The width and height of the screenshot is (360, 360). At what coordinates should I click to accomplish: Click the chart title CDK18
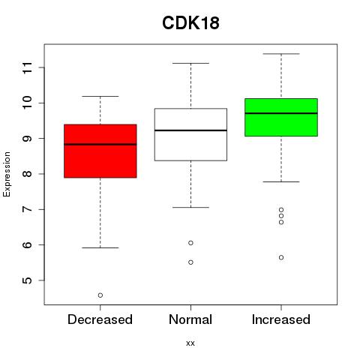pyautogui.click(x=190, y=23)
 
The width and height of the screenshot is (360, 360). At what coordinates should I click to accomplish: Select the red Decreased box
pyautogui.click(x=100, y=151)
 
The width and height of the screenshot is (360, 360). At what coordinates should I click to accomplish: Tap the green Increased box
pyautogui.click(x=281, y=117)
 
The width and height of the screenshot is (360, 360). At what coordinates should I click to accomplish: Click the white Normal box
pyautogui.click(x=190, y=134)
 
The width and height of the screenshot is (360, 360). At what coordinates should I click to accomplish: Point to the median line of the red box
pyautogui.click(x=100, y=144)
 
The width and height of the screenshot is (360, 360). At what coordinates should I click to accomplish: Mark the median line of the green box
pyautogui.click(x=281, y=113)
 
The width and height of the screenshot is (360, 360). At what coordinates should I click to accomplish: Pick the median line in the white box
pyautogui.click(x=190, y=130)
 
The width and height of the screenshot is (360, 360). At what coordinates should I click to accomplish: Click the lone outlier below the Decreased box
pyautogui.click(x=100, y=295)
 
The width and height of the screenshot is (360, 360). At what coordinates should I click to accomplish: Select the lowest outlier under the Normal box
pyautogui.click(x=190, y=262)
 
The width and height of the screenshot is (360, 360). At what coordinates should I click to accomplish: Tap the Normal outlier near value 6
pyautogui.click(x=190, y=243)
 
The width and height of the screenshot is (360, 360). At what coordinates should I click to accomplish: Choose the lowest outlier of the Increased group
pyautogui.click(x=281, y=257)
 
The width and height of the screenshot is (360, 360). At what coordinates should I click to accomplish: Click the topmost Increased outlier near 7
pyautogui.click(x=281, y=210)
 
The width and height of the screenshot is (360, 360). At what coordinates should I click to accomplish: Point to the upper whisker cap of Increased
pyautogui.click(x=281, y=54)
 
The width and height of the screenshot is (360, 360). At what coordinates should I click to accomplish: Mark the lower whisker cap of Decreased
pyautogui.click(x=100, y=247)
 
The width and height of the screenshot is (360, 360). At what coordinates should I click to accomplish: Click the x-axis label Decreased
pyautogui.click(x=100, y=319)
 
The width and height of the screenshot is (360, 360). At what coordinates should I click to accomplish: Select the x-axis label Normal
pyautogui.click(x=190, y=319)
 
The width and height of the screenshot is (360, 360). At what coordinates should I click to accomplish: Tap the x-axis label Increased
pyautogui.click(x=281, y=319)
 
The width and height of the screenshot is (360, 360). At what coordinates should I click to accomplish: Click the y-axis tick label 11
pyautogui.click(x=28, y=67)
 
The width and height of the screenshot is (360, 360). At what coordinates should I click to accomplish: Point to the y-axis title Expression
pyautogui.click(x=7, y=174)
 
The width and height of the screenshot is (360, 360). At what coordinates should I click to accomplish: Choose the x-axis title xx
pyautogui.click(x=190, y=343)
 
